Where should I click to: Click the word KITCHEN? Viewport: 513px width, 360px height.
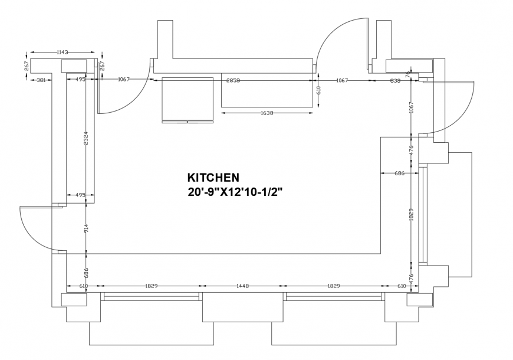(213, 177)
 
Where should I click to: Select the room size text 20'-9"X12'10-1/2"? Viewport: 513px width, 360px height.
(235, 192)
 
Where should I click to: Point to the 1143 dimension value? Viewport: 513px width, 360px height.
(63, 53)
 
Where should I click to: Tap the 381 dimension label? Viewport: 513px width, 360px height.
(42, 80)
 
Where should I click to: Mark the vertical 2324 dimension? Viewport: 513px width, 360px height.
(86, 139)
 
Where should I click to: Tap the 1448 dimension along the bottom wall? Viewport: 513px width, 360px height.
(242, 286)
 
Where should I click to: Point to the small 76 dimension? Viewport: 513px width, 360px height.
(409, 75)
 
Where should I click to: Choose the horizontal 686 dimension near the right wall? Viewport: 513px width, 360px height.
(399, 173)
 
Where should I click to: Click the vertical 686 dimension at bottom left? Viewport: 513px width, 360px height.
(86, 272)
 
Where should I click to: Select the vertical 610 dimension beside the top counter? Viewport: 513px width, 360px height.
(318, 90)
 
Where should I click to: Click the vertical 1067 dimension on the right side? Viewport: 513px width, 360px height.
(411, 109)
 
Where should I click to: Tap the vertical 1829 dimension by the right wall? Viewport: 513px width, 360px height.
(411, 215)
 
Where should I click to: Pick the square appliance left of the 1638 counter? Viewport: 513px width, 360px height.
(188, 99)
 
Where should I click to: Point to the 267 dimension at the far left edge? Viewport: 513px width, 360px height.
(27, 66)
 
